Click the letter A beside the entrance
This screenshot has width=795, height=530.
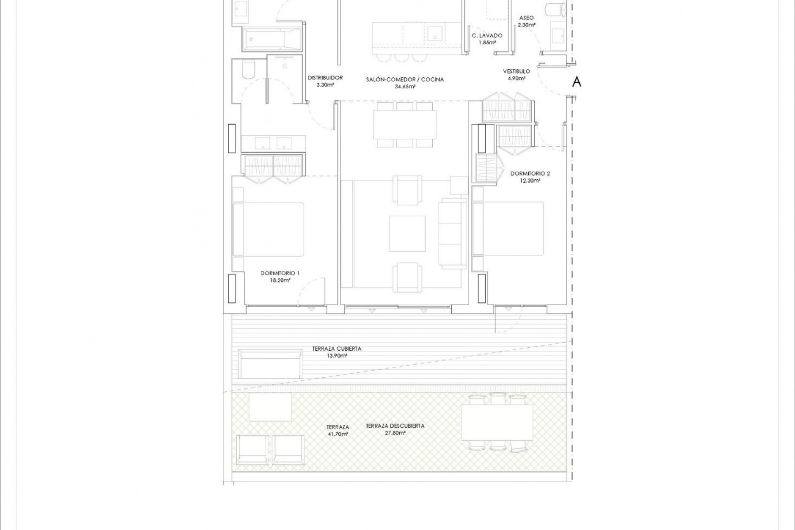coord(576,82)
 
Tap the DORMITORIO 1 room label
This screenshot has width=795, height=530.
coord(280,273)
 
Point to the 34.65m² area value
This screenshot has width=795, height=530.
coord(405,87)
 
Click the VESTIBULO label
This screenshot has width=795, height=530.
coord(516,71)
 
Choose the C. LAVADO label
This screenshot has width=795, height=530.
coord(487,36)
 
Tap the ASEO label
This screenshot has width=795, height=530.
coord(526,18)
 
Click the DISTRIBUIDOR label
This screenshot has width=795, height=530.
coord(325,77)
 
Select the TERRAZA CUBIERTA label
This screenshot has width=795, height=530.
coord(337,349)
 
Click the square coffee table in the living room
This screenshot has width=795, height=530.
coord(407,234)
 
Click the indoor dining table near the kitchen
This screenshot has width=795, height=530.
coord(405,125)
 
